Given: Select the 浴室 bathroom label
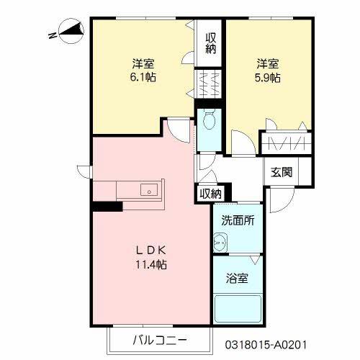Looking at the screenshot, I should click(x=238, y=278).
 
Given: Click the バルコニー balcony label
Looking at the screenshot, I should click(x=159, y=339).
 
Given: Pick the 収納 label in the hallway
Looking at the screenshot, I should click(x=210, y=193).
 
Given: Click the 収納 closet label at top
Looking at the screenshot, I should click(x=210, y=43).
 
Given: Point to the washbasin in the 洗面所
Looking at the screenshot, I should click(x=219, y=243).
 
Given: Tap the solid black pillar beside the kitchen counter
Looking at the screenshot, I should click(x=107, y=207).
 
